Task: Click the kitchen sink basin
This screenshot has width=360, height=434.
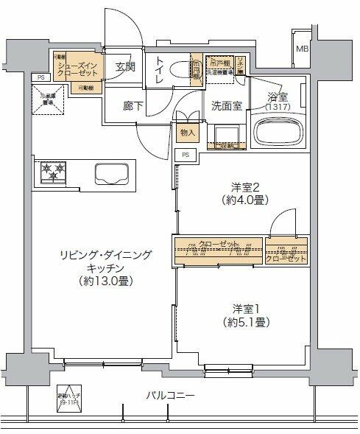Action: tap(111, 173)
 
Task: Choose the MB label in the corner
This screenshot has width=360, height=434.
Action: tap(303, 49)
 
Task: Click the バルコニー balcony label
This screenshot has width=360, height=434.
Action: tap(170, 396)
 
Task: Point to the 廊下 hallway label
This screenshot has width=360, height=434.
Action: tap(133, 105)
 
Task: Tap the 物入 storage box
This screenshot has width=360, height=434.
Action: tap(187, 133)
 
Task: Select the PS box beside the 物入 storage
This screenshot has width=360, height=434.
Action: tap(186, 155)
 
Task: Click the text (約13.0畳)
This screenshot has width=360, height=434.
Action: tap(107, 281)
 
